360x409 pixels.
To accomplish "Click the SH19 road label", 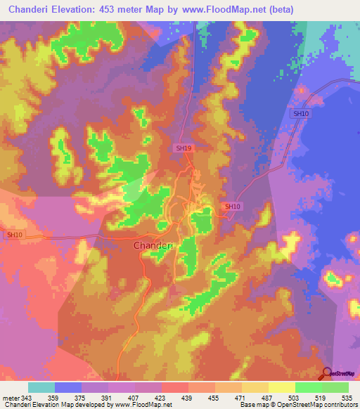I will coord(184,148).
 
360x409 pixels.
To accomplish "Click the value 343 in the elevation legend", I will coord(27,398).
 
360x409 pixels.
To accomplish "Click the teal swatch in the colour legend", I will coord(41,387).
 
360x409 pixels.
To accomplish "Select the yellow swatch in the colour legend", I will coord(281,387).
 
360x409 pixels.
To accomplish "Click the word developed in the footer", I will coord(90,405).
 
